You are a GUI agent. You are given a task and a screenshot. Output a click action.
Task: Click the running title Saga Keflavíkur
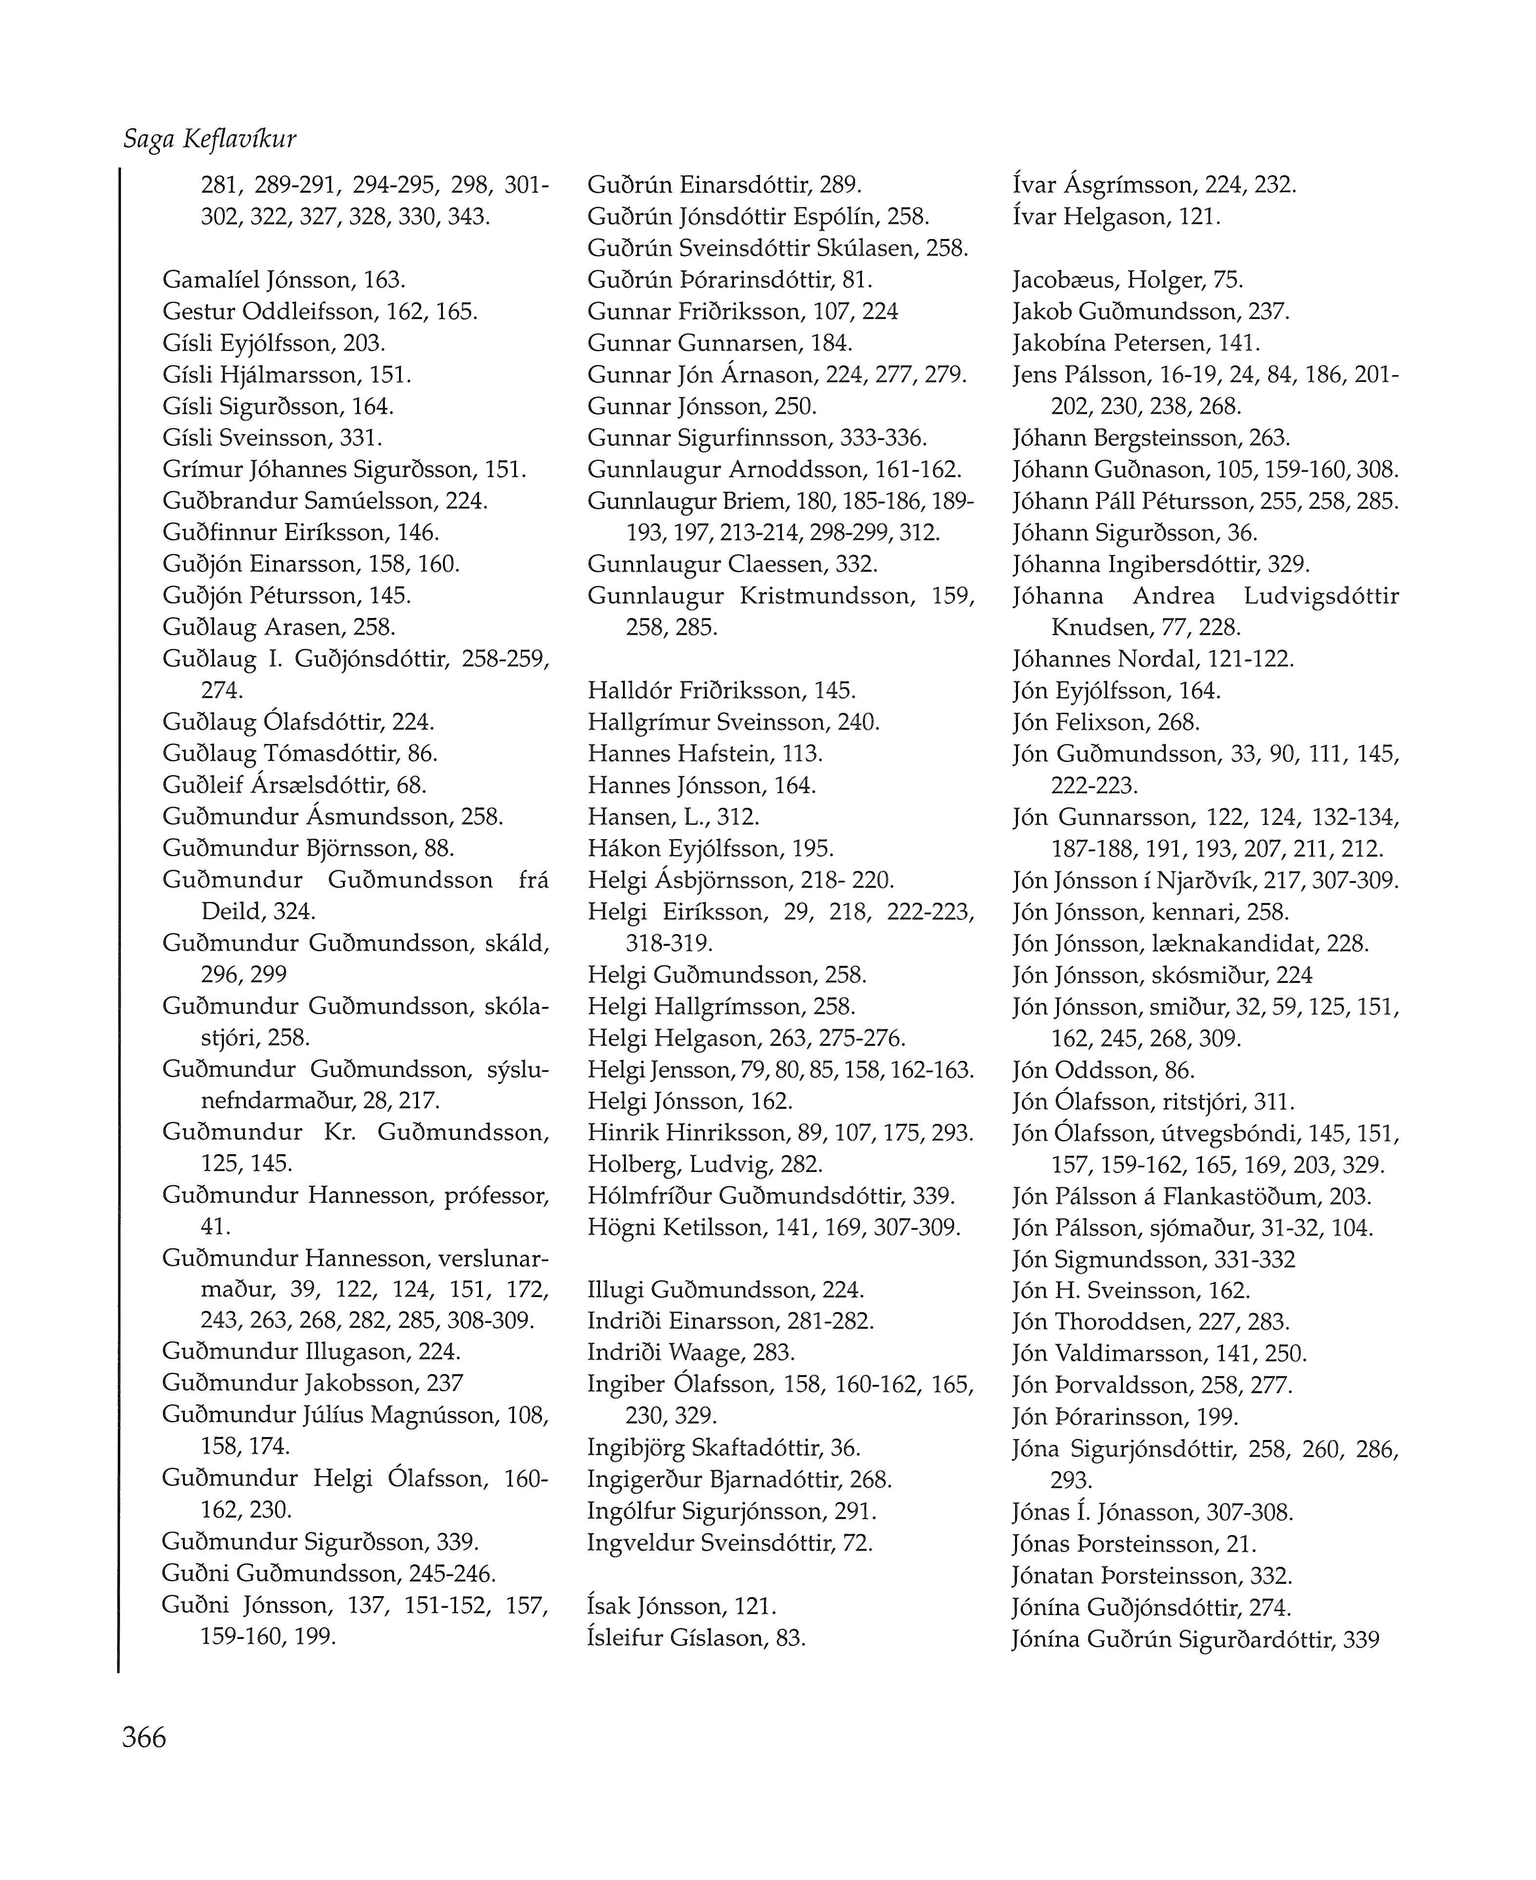tap(210, 139)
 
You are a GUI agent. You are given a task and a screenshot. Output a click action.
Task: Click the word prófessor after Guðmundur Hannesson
tap(497, 1196)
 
